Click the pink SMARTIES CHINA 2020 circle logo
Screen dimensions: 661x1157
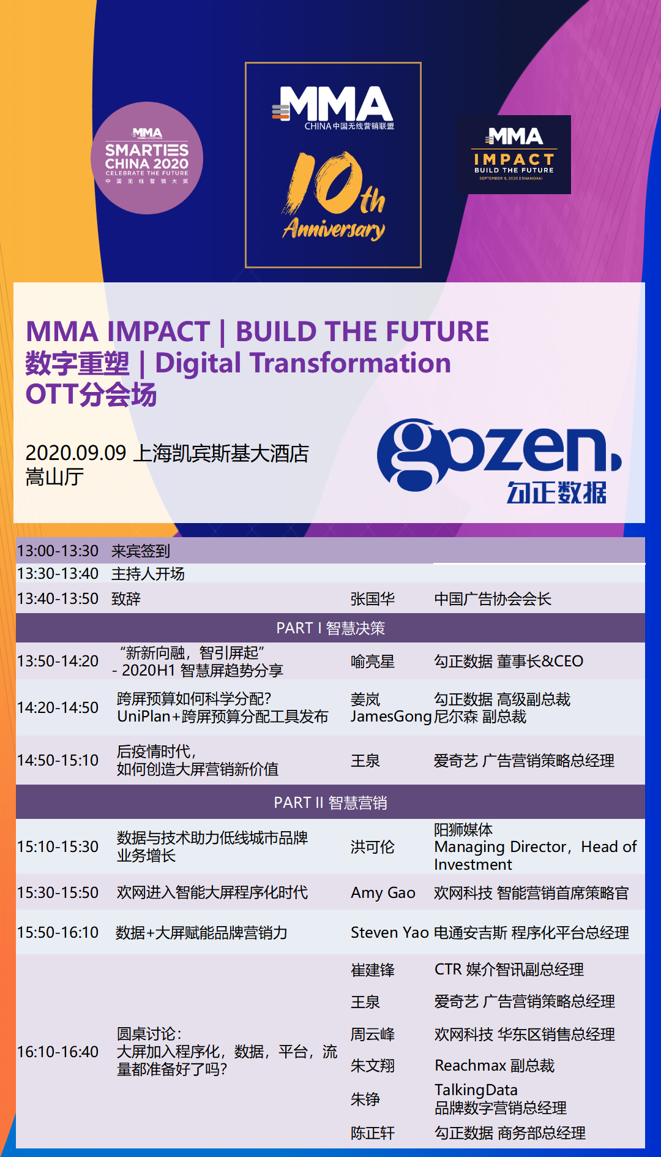point(147,158)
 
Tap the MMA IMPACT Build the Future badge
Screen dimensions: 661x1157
point(513,154)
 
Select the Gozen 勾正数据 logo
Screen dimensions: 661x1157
point(499,461)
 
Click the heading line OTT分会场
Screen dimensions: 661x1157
point(91,394)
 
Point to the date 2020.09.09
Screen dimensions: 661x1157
point(76,453)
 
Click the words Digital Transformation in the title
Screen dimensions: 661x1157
point(303,363)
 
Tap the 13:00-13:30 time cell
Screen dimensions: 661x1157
point(58,551)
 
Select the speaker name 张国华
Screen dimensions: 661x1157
point(373,598)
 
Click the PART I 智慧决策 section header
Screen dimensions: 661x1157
point(330,628)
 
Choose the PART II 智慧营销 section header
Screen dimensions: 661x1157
point(330,802)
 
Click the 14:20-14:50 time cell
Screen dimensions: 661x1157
point(58,707)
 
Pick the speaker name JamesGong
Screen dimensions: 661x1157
point(391,717)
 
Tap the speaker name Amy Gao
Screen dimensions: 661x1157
point(383,893)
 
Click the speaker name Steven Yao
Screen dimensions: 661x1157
point(389,932)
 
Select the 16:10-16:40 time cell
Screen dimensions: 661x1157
point(58,1052)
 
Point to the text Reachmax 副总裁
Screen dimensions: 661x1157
point(495,1066)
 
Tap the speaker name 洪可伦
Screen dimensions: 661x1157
point(373,847)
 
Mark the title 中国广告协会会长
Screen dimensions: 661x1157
point(493,598)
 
